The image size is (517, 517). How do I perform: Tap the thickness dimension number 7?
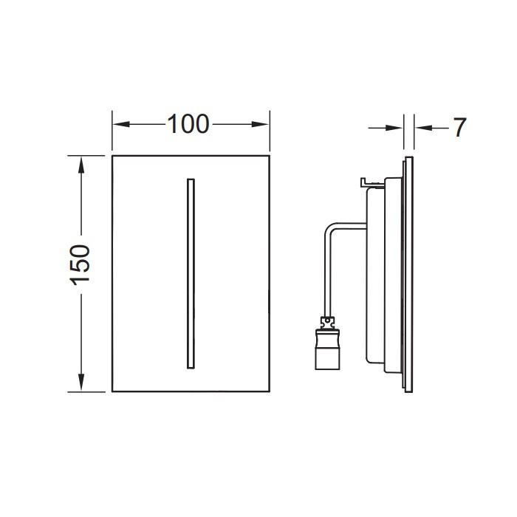(x=459, y=128)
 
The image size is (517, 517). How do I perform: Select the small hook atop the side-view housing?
(x=363, y=181)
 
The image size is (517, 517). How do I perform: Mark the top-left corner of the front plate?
(x=112, y=156)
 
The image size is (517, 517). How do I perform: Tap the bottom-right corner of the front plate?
(x=269, y=391)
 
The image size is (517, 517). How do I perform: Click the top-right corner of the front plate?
(x=269, y=156)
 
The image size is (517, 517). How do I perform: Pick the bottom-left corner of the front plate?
(x=112, y=391)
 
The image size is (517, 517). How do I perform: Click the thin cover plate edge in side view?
(x=410, y=273)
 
